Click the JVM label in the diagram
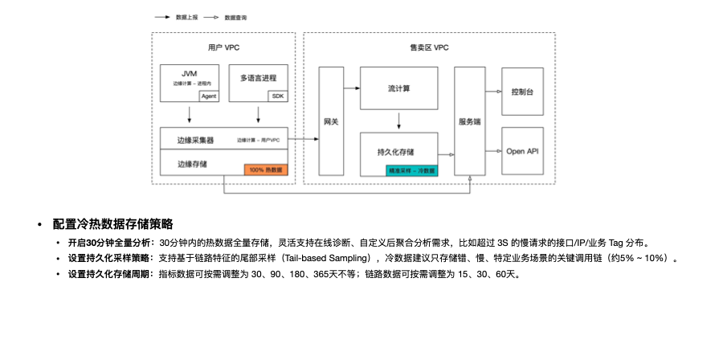pos(190,74)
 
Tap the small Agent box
pos(209,96)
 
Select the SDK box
pos(278,96)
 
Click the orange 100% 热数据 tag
pos(265,170)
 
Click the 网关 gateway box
pos(331,121)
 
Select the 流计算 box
pos(399,88)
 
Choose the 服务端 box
pos(469,121)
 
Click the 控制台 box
pos(522,92)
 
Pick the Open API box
pos(522,150)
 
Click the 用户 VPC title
pos(223,48)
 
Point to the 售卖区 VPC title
pos(429,48)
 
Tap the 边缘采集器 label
pos(195,140)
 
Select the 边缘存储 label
pos(192,164)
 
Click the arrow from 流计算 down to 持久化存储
pos(399,121)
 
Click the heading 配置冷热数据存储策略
pos(112,223)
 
